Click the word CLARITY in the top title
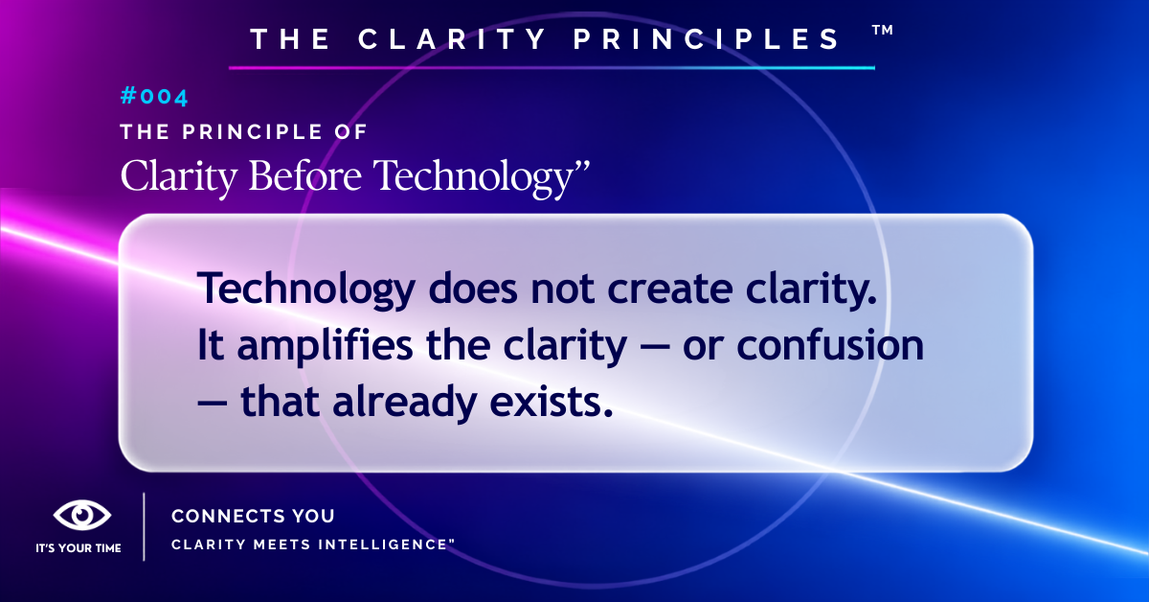pos(452,39)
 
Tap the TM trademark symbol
pos(883,30)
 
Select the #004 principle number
pos(154,97)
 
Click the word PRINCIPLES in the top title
pos(706,39)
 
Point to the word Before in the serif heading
pos(305,175)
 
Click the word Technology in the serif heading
pos(473,177)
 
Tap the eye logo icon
pos(82,515)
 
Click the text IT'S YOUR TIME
pos(79,548)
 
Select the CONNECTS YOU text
pos(253,516)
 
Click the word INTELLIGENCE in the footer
pos(384,544)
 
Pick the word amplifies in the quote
pos(325,346)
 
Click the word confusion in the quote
pos(830,345)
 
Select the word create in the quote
pos(670,289)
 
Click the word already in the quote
pos(405,403)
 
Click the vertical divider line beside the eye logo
pos(144,526)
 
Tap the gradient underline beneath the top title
pos(552,67)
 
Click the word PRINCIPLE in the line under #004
pos(252,132)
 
